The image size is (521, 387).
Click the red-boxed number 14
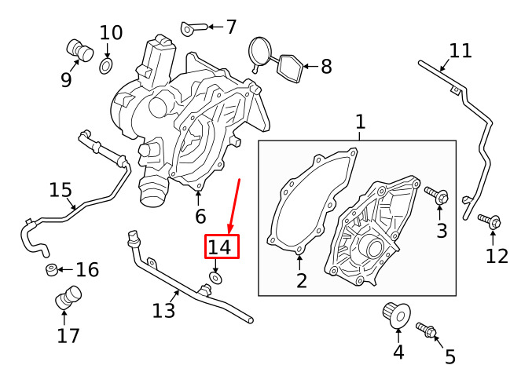coord(221,247)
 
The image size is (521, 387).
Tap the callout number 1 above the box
coord(360,122)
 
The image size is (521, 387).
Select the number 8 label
coord(326,66)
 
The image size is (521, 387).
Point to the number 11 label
coord(460,51)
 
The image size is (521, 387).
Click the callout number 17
coord(68,336)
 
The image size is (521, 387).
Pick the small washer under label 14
coord(215,277)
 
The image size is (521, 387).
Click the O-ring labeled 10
coord(106,62)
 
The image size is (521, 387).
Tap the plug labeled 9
coord(76,49)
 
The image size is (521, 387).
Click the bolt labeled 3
coord(437,195)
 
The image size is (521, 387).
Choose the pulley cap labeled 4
coord(395,316)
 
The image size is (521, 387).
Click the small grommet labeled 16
coord(51,271)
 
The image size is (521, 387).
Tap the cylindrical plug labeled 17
coord(68,298)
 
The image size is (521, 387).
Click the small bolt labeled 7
coord(195,29)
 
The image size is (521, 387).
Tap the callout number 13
coord(163,311)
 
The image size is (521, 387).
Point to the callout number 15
coord(61,190)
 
